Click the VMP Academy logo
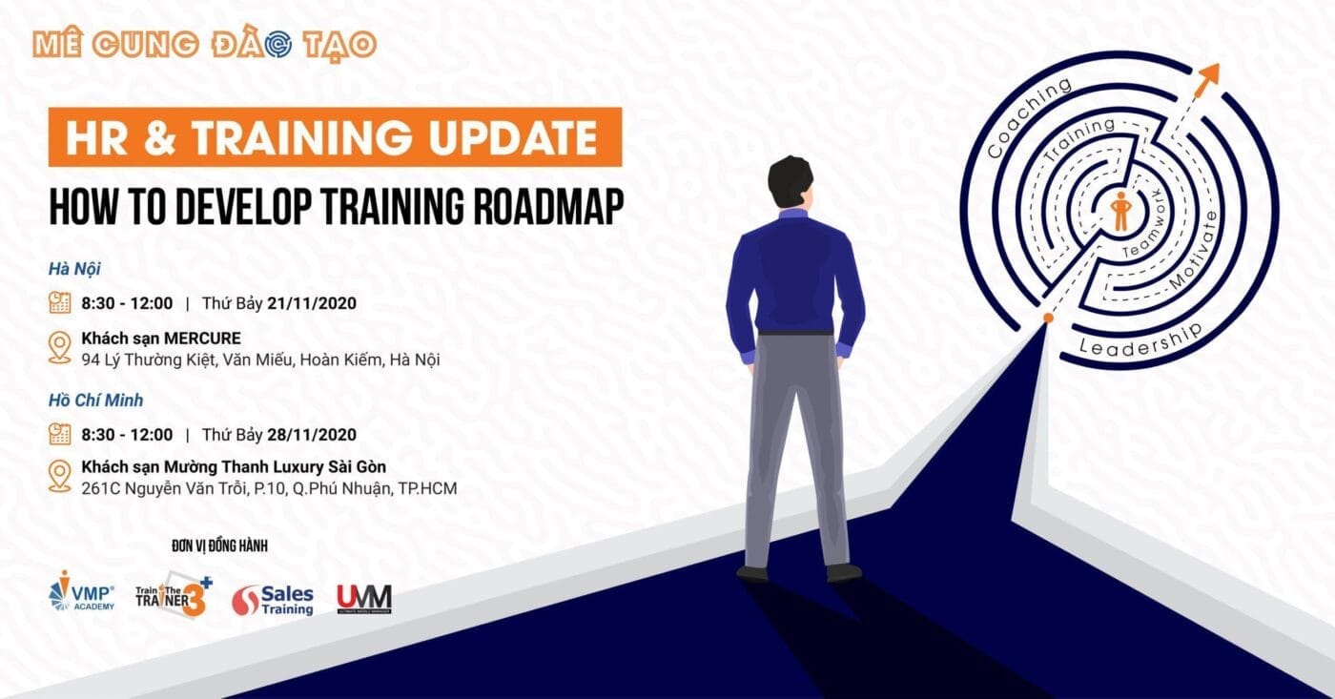81,590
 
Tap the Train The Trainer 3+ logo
174,595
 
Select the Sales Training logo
273,600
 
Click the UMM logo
364,599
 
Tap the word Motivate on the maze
1195,250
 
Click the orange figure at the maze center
1121,211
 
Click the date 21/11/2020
312,303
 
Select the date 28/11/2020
312,435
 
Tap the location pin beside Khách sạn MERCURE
59,348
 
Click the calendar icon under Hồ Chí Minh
59,434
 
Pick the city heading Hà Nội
74,269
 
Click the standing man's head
791,183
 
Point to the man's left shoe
752,573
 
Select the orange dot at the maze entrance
1048,319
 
